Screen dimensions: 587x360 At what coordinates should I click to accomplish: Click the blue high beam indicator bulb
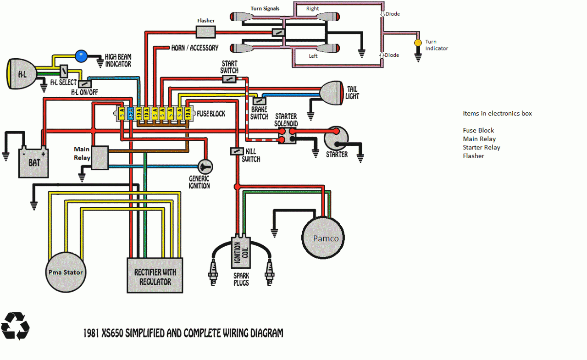tap(81, 56)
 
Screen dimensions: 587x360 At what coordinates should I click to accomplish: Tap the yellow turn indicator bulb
tap(418, 43)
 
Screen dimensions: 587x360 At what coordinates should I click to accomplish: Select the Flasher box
tap(206, 32)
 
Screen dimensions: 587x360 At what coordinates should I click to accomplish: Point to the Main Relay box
tap(100, 157)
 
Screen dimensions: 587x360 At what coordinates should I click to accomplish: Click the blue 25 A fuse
tap(131, 113)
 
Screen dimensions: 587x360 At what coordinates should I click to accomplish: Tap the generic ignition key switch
tap(205, 166)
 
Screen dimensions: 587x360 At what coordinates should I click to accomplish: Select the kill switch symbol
tap(237, 151)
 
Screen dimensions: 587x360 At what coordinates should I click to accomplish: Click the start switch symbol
tap(229, 79)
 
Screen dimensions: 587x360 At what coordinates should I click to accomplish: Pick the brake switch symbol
tap(259, 101)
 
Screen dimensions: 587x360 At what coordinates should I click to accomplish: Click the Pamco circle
tap(323, 238)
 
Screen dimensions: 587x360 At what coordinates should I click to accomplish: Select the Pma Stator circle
tap(66, 272)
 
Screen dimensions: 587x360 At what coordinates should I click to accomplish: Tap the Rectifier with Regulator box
tap(155, 275)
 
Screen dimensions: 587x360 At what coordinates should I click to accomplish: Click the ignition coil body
tap(241, 252)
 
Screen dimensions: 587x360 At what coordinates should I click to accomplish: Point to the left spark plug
tap(213, 273)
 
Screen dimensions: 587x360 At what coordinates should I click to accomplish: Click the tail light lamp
tap(332, 93)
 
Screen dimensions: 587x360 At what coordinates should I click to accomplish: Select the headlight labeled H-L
tap(22, 74)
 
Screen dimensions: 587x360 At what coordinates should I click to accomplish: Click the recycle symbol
tap(15, 326)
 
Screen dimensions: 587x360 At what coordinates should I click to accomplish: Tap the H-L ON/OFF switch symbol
tap(85, 84)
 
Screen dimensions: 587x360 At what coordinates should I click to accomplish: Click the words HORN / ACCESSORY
tap(195, 48)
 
